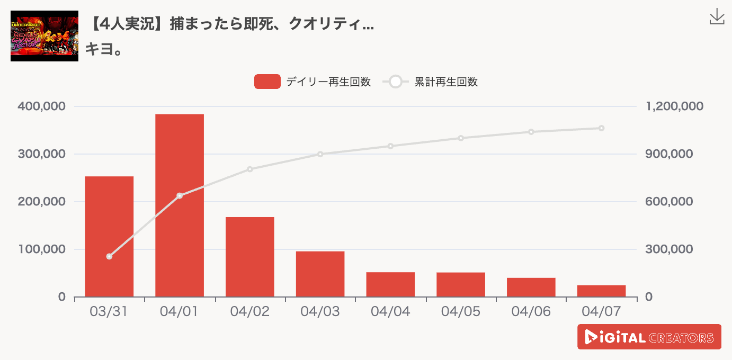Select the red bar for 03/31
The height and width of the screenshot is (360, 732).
(x=109, y=236)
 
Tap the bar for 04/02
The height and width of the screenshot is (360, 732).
(x=250, y=257)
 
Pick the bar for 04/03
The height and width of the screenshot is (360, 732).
(x=320, y=274)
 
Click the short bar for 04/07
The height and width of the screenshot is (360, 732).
(x=601, y=291)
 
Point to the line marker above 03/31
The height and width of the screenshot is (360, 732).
(x=109, y=256)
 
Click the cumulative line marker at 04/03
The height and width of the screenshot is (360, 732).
(x=320, y=154)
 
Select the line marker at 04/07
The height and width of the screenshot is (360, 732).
(x=601, y=128)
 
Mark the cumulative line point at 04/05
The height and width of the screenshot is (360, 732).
(x=461, y=138)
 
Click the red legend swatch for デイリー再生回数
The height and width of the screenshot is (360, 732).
(x=267, y=82)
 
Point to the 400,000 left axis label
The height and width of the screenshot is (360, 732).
(x=41, y=106)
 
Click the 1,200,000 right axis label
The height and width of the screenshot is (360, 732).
(x=674, y=106)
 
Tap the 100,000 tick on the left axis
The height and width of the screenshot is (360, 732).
(x=41, y=249)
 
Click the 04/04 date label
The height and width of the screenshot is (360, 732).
(x=390, y=311)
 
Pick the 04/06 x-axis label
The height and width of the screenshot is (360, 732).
(x=531, y=311)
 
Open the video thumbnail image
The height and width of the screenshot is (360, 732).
(x=44, y=36)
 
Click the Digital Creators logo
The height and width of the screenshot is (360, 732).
(x=649, y=337)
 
